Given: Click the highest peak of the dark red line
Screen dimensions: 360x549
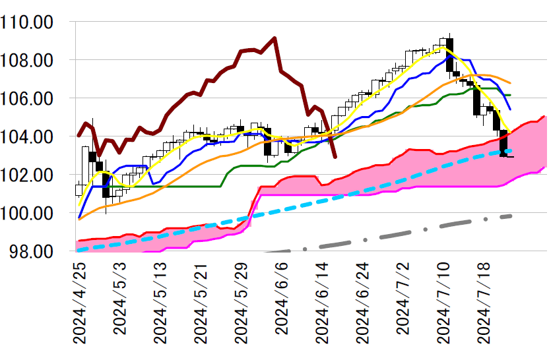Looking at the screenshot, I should click(x=274, y=38).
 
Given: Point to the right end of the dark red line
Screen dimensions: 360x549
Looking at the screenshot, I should click(x=335, y=157).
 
